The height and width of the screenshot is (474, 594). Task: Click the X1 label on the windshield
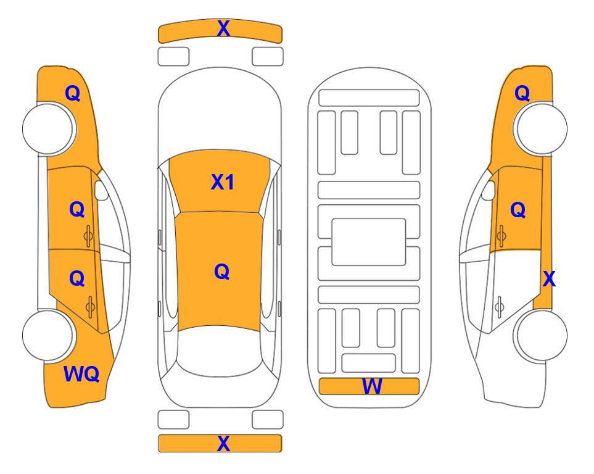pyautogui.click(x=223, y=182)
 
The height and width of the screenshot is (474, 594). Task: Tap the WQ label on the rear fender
pyautogui.click(x=81, y=374)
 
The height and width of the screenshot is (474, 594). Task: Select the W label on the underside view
pyautogui.click(x=371, y=386)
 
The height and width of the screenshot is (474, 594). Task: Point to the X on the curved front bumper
pyautogui.click(x=223, y=28)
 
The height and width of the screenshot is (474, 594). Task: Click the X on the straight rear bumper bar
pyautogui.click(x=223, y=443)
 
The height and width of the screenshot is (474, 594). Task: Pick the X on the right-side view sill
pyautogui.click(x=549, y=279)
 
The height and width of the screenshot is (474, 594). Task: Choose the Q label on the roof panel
pyautogui.click(x=222, y=272)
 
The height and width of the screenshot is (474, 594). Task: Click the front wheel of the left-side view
pyautogui.click(x=48, y=128)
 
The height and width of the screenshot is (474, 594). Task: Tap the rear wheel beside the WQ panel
pyautogui.click(x=48, y=335)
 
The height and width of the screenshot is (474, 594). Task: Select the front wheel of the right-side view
pyautogui.click(x=540, y=128)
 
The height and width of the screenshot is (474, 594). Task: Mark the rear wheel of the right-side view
pyautogui.click(x=540, y=335)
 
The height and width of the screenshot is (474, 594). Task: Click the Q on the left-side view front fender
pyautogui.click(x=73, y=93)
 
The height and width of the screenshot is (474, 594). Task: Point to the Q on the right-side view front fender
pyautogui.click(x=522, y=93)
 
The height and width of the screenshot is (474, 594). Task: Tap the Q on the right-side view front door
pyautogui.click(x=518, y=210)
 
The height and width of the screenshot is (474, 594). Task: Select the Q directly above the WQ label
pyautogui.click(x=77, y=279)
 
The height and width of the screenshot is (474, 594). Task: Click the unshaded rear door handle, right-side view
pyautogui.click(x=500, y=306)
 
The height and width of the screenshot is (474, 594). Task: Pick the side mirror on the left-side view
pyautogui.click(x=101, y=190)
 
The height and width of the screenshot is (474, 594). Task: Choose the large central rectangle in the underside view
pyautogui.click(x=369, y=242)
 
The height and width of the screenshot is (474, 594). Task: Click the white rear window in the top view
pyautogui.click(x=219, y=351)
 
